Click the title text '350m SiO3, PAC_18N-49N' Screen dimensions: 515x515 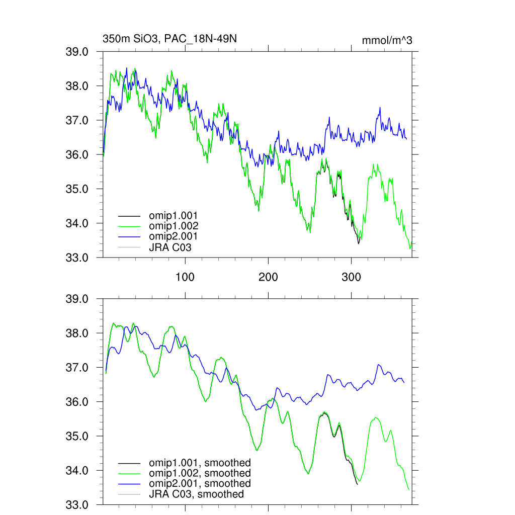tap(166, 39)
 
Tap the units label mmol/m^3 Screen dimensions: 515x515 tap(387, 40)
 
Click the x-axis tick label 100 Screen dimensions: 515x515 tap(185, 278)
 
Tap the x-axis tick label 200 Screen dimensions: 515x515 tap(268, 278)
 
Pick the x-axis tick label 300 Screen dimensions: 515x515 tap(351, 278)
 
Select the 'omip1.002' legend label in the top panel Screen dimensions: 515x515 tap(173, 226)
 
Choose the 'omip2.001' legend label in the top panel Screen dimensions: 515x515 tap(173, 236)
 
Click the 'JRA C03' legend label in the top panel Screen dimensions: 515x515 tap(170, 247)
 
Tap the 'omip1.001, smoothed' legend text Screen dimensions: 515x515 tap(199, 463)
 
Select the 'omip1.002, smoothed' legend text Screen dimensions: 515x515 tap(199, 473)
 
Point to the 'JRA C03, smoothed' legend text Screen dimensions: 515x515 tap(196, 494)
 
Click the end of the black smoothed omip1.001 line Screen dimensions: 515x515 tap(357, 484)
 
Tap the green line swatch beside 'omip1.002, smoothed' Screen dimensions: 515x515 tap(129, 473)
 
